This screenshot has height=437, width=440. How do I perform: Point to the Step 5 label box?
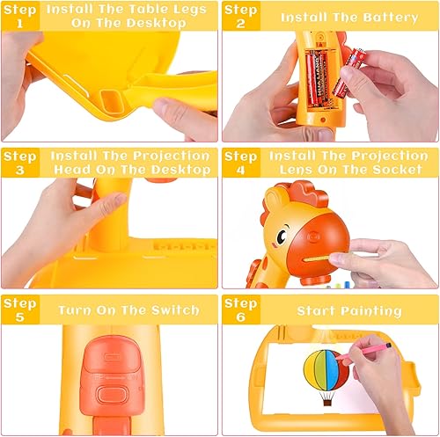(x=19, y=310)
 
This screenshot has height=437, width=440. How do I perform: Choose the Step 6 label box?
(x=239, y=310)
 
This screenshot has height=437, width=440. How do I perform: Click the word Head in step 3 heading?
(x=82, y=170)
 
